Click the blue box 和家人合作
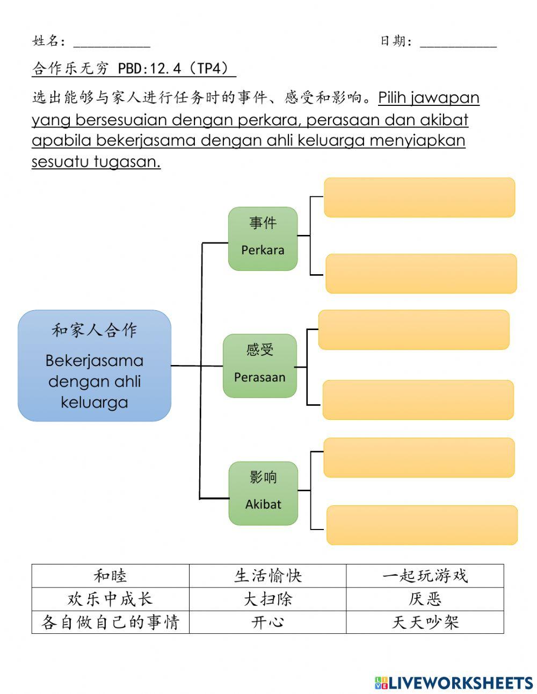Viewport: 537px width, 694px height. click(95, 366)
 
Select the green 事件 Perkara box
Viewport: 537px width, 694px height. click(263, 239)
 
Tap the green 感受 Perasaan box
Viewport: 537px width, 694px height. click(260, 366)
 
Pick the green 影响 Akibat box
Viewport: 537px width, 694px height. click(263, 493)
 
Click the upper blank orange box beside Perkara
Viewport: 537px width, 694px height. click(419, 197)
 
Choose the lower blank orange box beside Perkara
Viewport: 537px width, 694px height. click(421, 274)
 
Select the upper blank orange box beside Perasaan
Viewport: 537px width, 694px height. click(413, 330)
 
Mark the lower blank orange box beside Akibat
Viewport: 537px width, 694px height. click(422, 525)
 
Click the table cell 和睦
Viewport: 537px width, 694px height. click(110, 576)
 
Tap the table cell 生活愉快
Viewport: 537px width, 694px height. click(267, 576)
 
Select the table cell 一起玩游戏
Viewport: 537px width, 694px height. click(425, 576)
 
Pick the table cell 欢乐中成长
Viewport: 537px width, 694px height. click(110, 599)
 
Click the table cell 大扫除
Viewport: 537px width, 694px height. click(267, 599)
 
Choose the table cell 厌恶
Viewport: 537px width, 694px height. click(425, 599)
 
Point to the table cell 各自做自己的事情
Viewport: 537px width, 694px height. click(110, 622)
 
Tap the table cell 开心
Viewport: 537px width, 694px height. click(267, 622)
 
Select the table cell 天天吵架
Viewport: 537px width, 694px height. click(425, 622)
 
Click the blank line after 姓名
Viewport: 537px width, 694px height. click(112, 43)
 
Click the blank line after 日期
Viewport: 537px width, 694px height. click(458, 43)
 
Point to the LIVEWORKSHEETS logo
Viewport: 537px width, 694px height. click(454, 683)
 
